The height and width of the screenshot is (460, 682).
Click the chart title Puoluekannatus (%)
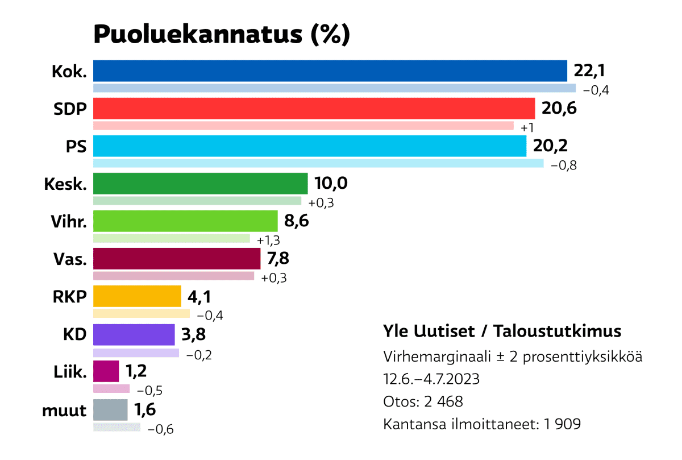click(221, 34)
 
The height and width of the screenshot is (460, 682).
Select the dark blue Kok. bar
click(330, 71)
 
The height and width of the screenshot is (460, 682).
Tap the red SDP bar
click(314, 109)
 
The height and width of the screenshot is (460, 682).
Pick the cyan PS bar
click(309, 146)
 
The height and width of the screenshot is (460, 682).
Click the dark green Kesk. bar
click(200, 184)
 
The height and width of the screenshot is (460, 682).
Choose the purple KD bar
click(134, 334)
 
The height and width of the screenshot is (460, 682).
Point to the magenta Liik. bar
click(106, 372)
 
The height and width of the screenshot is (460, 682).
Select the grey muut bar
click(110, 409)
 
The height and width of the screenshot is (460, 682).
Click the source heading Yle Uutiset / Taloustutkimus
click(502, 331)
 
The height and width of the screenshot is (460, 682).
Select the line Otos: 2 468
click(423, 401)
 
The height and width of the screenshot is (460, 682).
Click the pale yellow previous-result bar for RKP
click(141, 313)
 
